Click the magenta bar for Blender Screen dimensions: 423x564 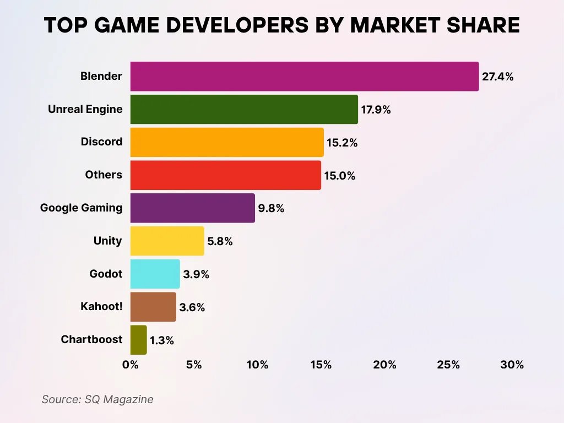coord(304,76)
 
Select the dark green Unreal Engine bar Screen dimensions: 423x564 coord(243,109)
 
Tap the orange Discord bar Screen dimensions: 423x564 coord(226,142)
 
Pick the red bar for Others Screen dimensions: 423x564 coord(225,175)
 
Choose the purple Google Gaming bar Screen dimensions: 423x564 coord(192,208)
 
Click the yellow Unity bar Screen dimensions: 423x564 coord(167,241)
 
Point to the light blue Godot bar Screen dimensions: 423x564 coord(155,274)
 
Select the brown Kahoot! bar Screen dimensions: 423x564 coord(153,307)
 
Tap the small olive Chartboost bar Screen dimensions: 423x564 coord(138,340)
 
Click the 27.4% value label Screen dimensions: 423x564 coord(497,77)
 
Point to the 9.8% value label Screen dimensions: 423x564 coord(271,209)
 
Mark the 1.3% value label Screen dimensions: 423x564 coord(162,341)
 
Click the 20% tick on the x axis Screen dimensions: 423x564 coord(384,365)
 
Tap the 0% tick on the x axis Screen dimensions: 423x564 coord(131,365)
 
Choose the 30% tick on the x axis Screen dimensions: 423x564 coord(512,365)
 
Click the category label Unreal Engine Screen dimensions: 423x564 coord(85,109)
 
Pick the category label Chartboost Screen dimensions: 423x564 coord(91,339)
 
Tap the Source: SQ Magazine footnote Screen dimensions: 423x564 coord(97,399)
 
